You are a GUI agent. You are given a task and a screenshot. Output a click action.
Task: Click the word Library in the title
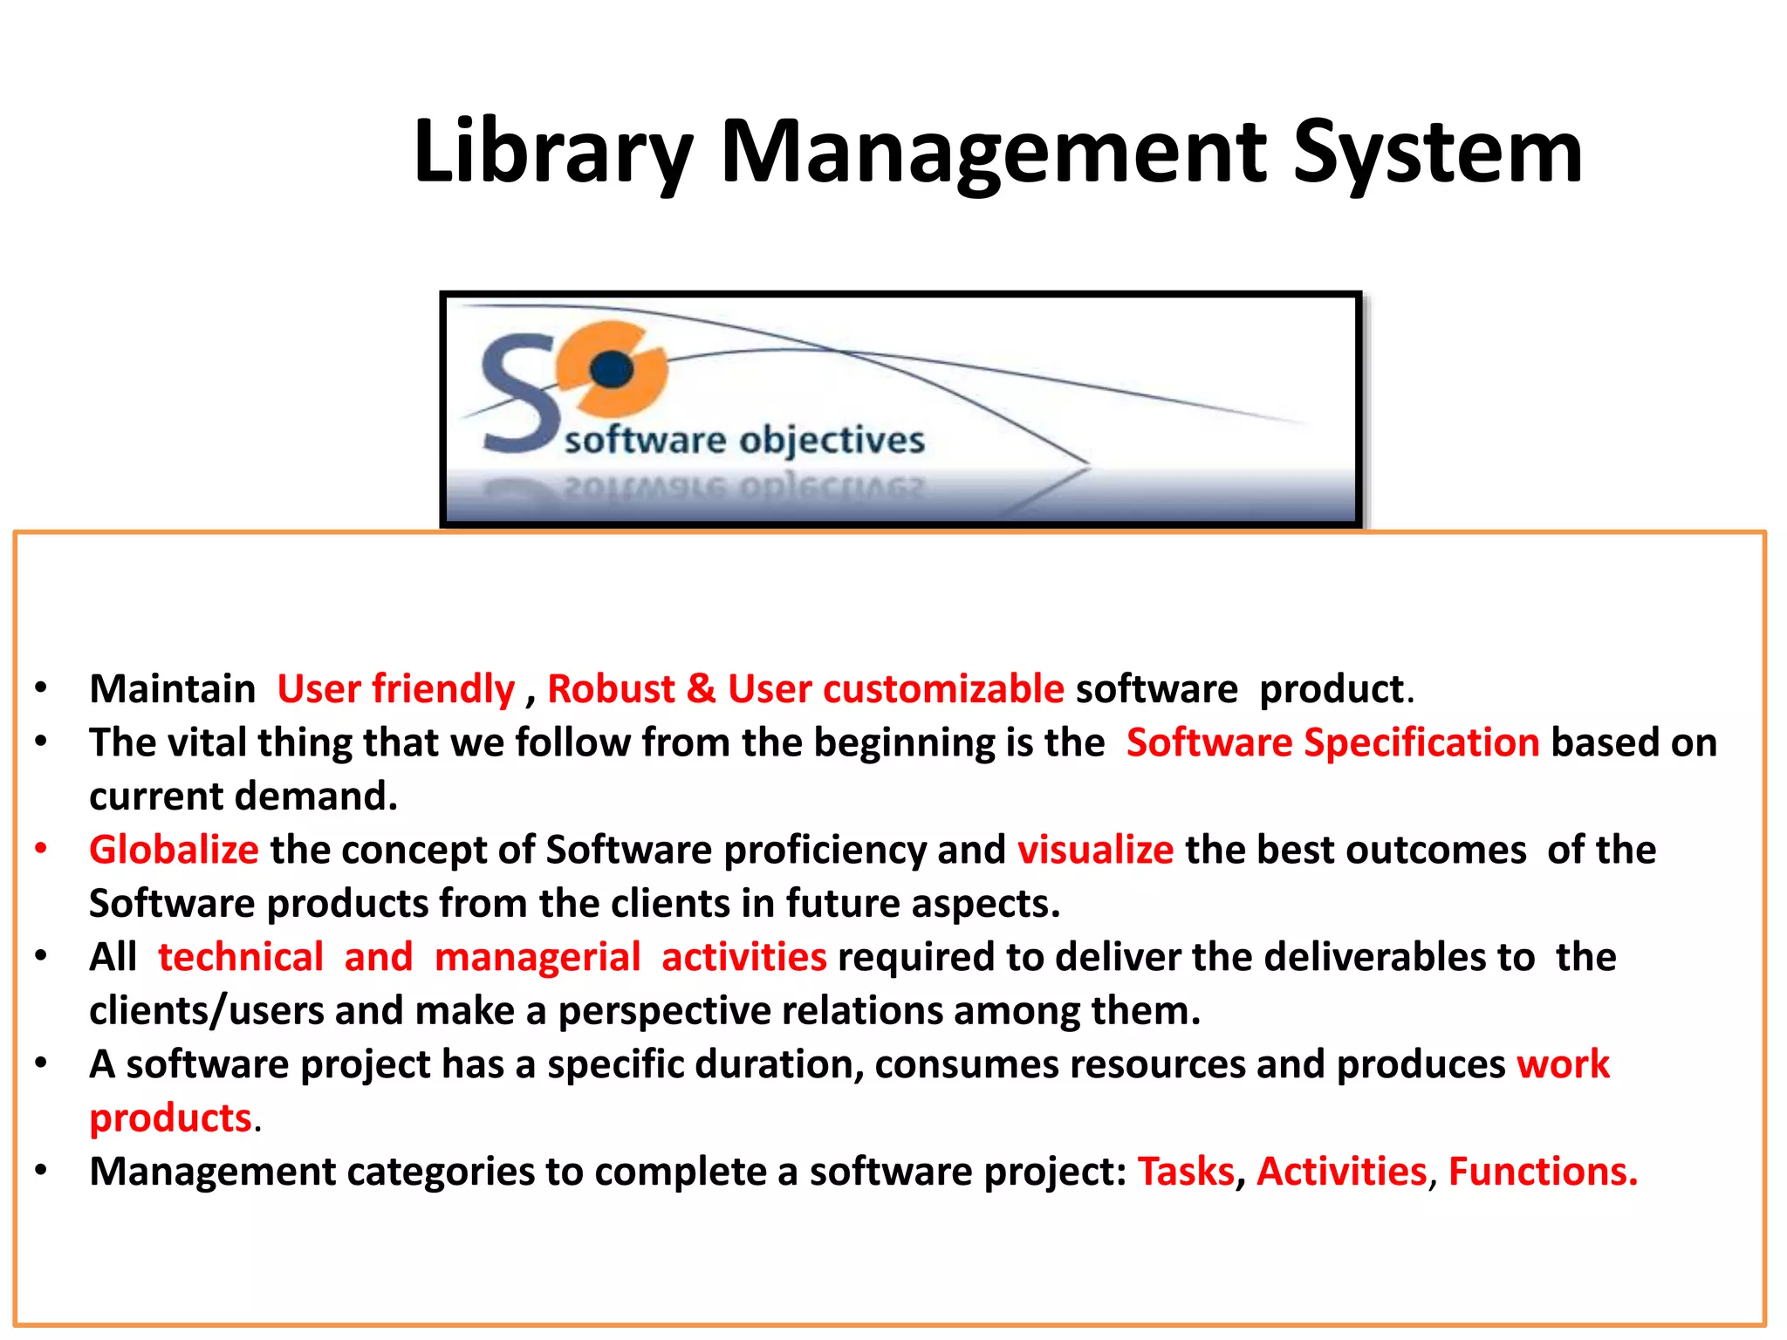(x=553, y=153)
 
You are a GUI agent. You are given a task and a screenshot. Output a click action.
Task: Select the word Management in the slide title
(x=993, y=153)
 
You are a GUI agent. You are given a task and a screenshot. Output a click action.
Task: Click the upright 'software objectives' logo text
(x=744, y=440)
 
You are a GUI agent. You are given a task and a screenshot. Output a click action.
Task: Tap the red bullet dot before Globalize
(x=41, y=848)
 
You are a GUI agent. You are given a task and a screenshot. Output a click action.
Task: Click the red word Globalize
(x=174, y=850)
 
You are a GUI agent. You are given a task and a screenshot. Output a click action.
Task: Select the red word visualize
(x=1095, y=850)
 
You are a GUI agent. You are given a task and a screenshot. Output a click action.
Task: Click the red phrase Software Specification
(x=1332, y=742)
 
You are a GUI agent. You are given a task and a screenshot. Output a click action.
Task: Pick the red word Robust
(x=611, y=689)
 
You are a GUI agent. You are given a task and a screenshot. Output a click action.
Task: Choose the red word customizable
(x=943, y=689)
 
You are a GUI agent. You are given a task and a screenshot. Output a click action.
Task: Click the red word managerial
(x=537, y=957)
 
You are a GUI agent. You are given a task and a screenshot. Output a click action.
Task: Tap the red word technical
(x=241, y=957)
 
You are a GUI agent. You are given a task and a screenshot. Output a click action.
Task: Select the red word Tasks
(x=1186, y=1172)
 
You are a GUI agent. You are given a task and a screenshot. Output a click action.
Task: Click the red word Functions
(x=1543, y=1172)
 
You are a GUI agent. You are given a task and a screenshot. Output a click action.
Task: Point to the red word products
(x=171, y=1118)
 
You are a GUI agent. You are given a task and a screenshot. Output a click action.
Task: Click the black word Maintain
(x=172, y=689)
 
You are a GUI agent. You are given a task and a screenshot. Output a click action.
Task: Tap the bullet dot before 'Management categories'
(x=41, y=1170)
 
